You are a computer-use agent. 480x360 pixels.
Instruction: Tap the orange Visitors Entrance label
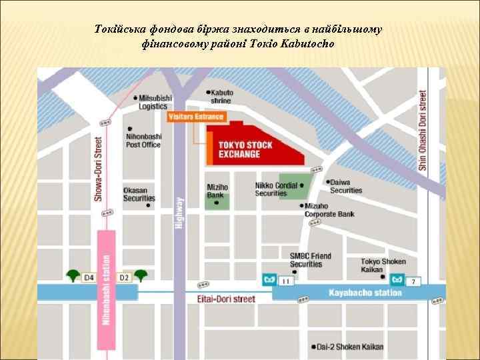coord(196,117)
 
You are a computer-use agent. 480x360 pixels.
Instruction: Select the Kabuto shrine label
coord(221,97)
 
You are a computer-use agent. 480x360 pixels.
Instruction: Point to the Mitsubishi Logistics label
coord(155,102)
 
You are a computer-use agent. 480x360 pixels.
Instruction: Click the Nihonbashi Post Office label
coord(143,140)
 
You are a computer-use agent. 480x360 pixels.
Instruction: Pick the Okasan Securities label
coord(139,194)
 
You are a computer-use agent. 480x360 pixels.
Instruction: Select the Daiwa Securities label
coord(346,186)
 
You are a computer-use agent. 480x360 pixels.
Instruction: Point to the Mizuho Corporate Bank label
coord(329,211)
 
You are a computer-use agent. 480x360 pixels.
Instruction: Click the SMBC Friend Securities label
coord(310,260)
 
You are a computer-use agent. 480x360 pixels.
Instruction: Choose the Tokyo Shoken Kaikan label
coord(383,265)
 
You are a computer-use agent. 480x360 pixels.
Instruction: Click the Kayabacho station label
coord(365,293)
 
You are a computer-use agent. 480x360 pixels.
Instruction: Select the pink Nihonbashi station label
coord(105,293)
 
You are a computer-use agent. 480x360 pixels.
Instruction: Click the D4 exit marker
coord(89,277)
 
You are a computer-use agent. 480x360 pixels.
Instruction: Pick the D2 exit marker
coord(124,277)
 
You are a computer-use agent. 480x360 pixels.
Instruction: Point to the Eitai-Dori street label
coord(226,299)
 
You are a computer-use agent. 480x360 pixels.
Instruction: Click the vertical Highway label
coord(178,213)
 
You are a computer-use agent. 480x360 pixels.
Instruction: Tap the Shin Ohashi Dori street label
coord(423,130)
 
